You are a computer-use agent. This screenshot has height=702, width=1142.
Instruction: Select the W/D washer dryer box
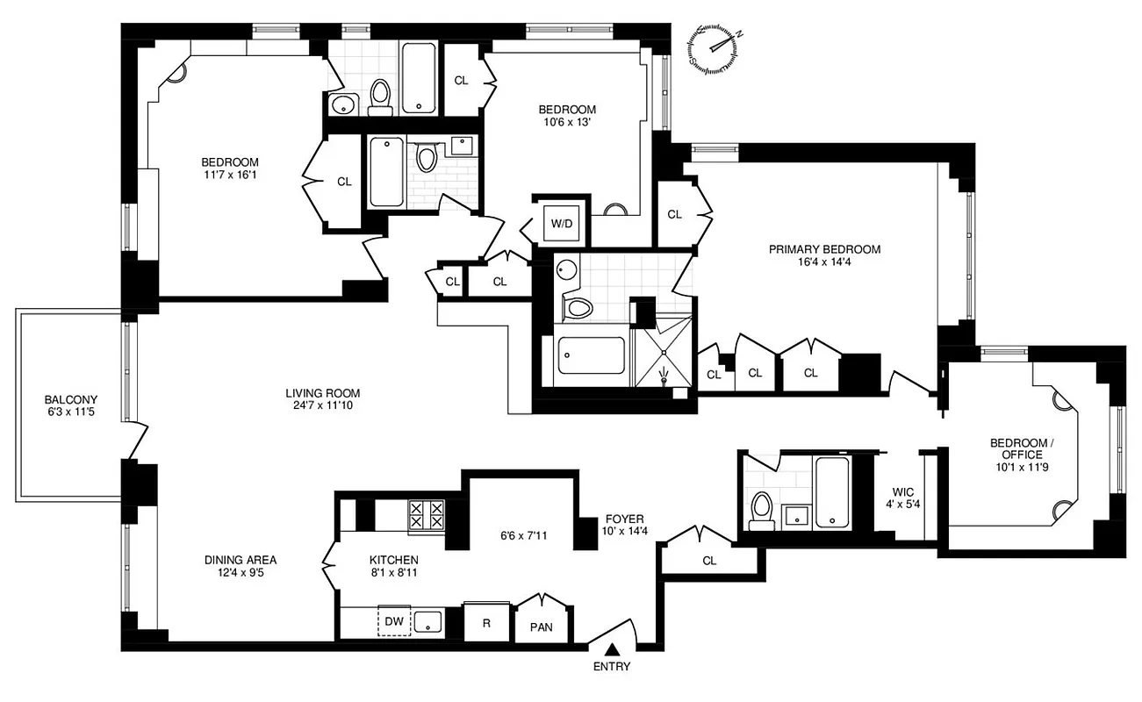(x=561, y=223)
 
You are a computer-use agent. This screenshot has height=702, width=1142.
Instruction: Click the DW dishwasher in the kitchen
(x=394, y=621)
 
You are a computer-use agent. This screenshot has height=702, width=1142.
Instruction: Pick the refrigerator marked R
(x=486, y=622)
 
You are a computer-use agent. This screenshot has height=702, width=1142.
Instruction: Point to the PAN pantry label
(x=542, y=627)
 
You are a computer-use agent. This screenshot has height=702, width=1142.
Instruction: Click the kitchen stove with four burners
(x=426, y=514)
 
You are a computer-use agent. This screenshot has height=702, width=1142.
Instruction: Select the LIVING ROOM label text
(x=322, y=392)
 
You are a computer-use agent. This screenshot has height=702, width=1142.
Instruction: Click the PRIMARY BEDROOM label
(x=824, y=249)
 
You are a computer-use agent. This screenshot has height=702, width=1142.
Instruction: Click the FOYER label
(x=624, y=519)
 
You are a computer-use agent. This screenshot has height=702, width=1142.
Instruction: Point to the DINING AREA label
(x=241, y=559)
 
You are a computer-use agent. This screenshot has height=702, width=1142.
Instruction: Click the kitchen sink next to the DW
(x=427, y=621)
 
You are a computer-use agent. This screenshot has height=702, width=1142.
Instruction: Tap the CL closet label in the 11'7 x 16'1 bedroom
(x=344, y=182)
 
